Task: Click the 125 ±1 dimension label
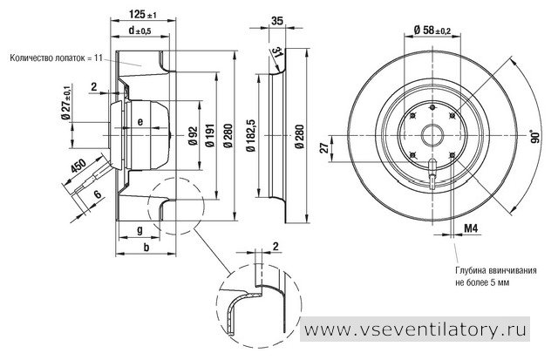(143, 14)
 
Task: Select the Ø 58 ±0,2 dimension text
(432, 31)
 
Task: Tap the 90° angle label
(534, 136)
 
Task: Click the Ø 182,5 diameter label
(251, 134)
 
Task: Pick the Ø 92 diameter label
(193, 135)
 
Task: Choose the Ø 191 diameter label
(210, 135)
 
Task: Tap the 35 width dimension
(276, 21)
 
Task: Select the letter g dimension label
(139, 230)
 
